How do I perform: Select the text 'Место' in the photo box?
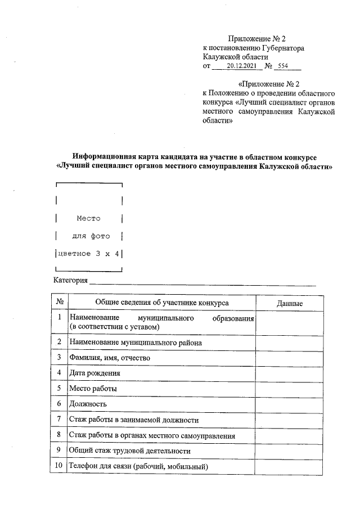[88, 218]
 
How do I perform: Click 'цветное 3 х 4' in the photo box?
[88, 254]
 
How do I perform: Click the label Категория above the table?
[71, 281]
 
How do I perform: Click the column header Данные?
[290, 303]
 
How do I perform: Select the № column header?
[60, 303]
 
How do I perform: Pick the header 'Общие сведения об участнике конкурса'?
[162, 303]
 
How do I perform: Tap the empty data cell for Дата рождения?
[290, 373]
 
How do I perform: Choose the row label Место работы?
[93, 388]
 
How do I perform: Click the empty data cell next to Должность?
[290, 404]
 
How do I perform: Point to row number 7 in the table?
[60, 419]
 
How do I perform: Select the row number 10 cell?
[60, 466]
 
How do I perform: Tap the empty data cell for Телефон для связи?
[290, 466]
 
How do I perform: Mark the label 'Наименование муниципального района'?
[136, 342]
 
